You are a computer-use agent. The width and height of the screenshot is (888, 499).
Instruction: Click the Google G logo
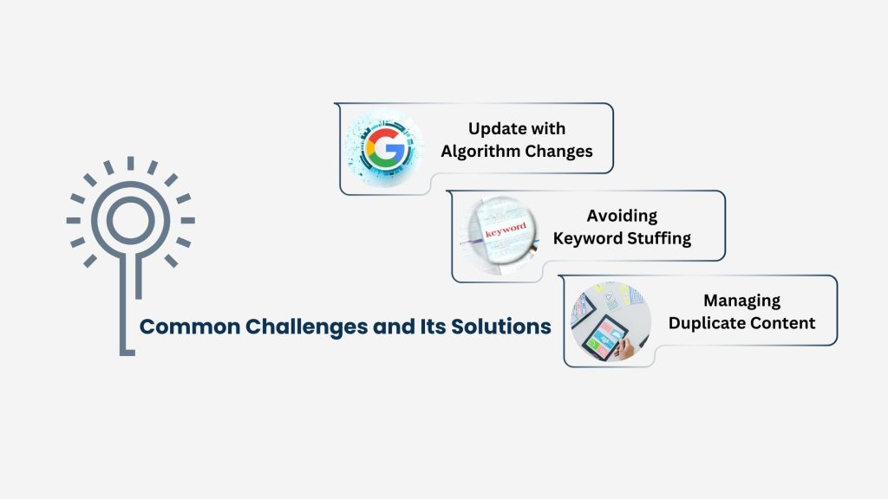(x=382, y=143)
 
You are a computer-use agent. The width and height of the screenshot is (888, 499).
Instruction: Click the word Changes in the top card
(x=559, y=152)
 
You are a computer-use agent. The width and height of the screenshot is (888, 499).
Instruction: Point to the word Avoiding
(x=622, y=216)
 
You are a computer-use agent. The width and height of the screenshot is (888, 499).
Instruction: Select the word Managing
(x=741, y=301)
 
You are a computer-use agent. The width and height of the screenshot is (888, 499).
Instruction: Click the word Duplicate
(x=710, y=323)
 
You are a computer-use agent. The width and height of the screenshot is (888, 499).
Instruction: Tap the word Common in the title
(x=181, y=327)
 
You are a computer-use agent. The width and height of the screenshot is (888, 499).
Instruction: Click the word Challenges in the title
(x=283, y=327)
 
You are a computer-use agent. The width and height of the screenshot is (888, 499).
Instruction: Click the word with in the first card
(x=550, y=129)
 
